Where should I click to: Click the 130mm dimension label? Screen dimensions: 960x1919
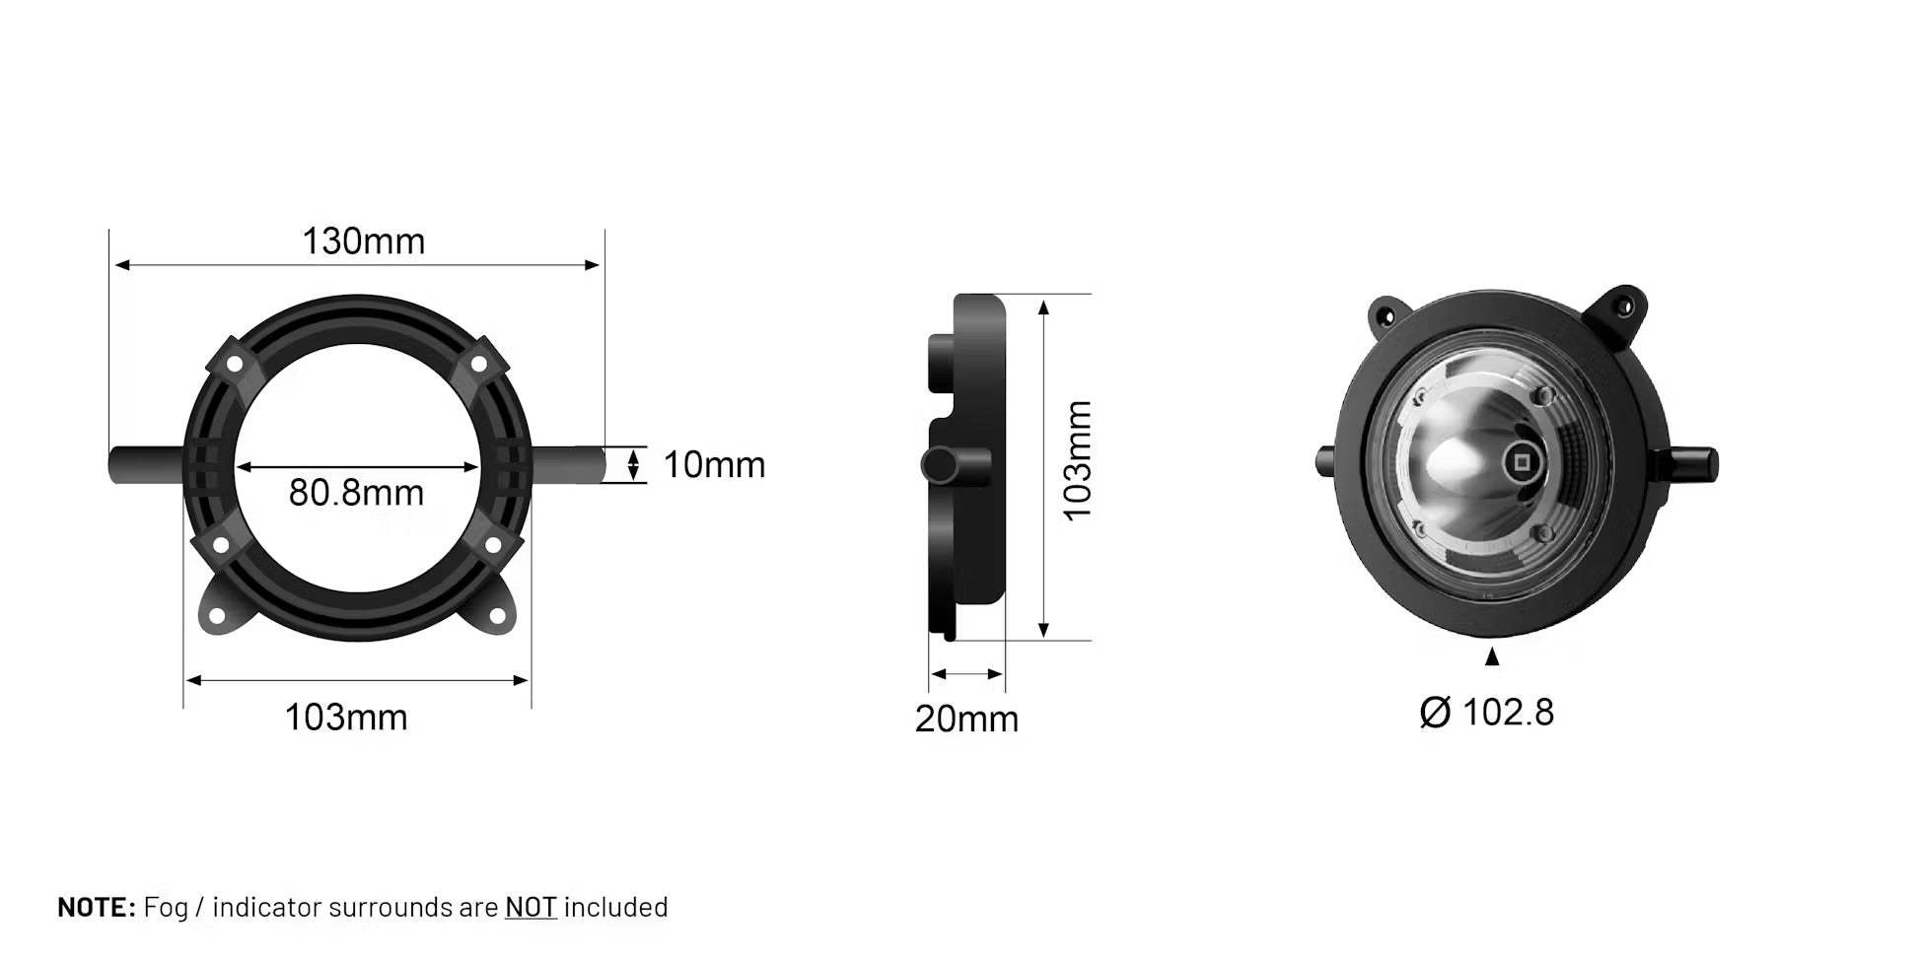click(363, 241)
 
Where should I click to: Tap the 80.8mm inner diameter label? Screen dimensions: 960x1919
click(356, 492)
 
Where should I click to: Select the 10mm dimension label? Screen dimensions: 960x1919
click(714, 465)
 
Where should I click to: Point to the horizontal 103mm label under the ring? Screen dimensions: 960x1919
click(345, 717)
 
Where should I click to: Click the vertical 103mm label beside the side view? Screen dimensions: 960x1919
click(1078, 460)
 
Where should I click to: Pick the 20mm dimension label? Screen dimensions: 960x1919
click(966, 719)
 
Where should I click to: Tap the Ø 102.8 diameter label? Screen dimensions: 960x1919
click(1486, 712)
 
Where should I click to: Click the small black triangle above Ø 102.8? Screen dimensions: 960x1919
click(1492, 656)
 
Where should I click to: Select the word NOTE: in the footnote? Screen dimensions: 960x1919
click(96, 907)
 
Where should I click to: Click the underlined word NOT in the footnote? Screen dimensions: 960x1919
click(531, 907)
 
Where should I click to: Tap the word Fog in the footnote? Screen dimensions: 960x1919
click(166, 907)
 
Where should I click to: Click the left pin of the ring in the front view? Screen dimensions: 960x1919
click(146, 464)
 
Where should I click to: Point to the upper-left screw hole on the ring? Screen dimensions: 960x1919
click(235, 364)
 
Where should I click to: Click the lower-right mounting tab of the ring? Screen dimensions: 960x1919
click(495, 611)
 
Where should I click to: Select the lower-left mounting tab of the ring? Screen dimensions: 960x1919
click(218, 611)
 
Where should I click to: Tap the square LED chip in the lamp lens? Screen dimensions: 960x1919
click(1518, 461)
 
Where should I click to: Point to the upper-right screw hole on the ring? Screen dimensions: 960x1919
click(478, 364)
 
